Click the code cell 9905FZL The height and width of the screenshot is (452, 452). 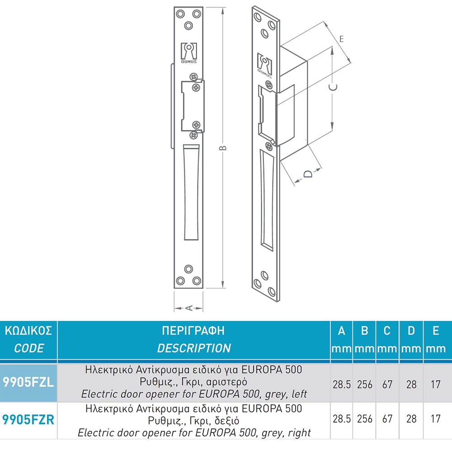[x=28, y=382]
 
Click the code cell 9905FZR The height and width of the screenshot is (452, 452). [x=28, y=420]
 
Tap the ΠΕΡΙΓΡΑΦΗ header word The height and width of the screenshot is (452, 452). [x=193, y=331]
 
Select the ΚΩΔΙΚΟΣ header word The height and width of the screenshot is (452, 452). [x=28, y=331]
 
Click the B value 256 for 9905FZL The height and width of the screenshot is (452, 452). [x=365, y=384]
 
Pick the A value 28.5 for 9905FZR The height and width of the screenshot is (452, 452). [x=342, y=419]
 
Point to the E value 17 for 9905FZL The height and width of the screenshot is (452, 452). [x=436, y=384]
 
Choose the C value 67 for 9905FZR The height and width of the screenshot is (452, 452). [x=387, y=419]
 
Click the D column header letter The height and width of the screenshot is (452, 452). [x=411, y=331]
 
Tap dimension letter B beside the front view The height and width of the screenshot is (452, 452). [x=223, y=148]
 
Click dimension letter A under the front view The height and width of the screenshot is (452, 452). [x=189, y=308]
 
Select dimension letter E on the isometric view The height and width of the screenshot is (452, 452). [x=342, y=39]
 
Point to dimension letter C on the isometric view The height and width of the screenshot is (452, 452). [x=333, y=87]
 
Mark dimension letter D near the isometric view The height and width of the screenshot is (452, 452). [x=308, y=174]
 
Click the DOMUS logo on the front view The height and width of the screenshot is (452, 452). [x=189, y=53]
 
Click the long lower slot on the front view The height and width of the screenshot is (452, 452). [x=191, y=192]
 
